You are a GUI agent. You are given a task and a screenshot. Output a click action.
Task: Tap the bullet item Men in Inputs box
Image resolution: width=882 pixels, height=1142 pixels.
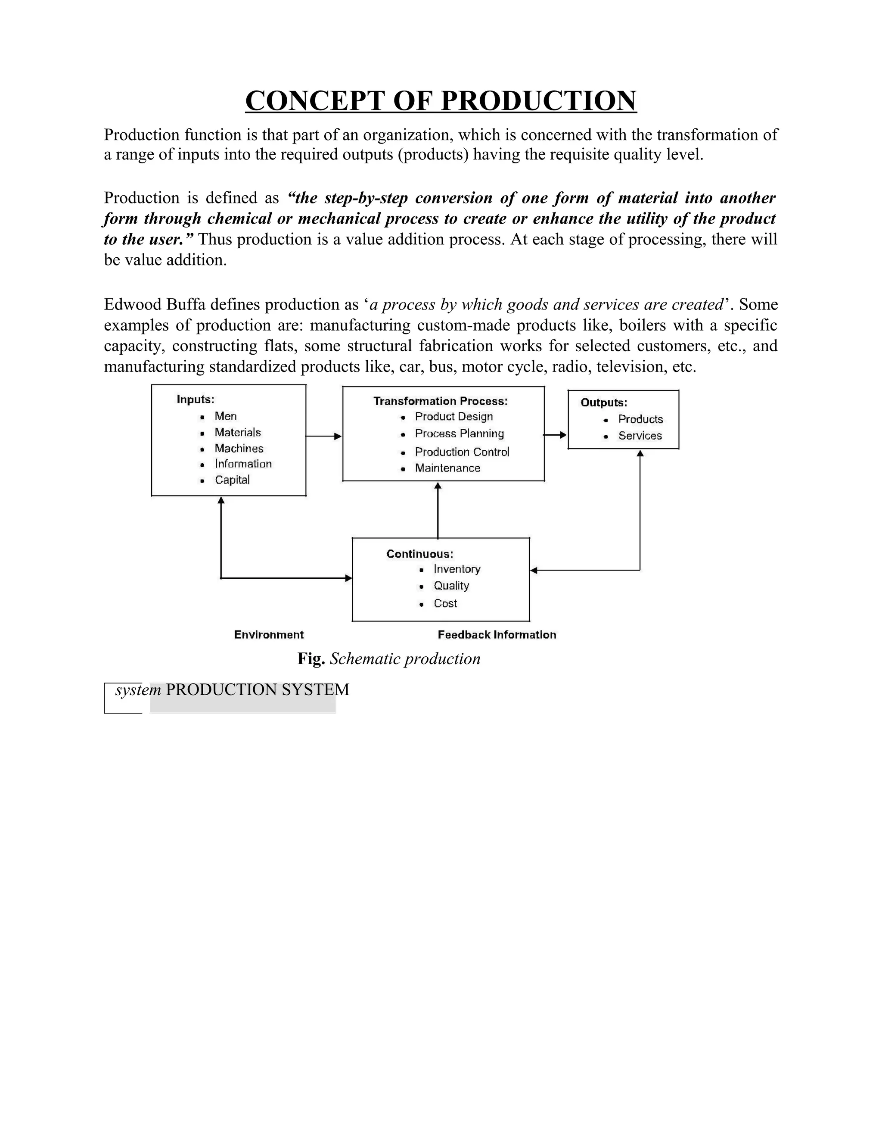point(226,416)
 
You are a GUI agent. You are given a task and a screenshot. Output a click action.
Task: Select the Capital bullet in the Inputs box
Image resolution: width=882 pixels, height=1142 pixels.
point(232,480)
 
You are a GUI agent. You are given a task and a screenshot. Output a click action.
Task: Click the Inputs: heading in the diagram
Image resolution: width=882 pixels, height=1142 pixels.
point(196,399)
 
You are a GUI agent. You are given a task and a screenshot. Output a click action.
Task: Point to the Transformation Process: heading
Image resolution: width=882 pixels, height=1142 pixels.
point(441,401)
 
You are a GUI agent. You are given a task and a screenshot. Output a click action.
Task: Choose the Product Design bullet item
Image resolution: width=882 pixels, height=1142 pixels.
point(453,417)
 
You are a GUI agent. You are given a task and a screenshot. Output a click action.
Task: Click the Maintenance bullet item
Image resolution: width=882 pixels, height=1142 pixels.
point(447,468)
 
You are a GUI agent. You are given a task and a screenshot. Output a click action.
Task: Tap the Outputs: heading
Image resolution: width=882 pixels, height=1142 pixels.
point(603,403)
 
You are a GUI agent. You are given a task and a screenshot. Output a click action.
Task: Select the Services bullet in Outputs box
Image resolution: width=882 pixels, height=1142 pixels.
point(640,436)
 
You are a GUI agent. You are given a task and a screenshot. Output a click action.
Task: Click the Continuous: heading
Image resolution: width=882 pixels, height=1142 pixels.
point(419,554)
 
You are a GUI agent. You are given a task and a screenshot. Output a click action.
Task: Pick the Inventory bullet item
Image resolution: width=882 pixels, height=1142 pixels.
point(457,569)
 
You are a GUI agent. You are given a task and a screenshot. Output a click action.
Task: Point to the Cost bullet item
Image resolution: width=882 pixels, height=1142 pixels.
point(445,603)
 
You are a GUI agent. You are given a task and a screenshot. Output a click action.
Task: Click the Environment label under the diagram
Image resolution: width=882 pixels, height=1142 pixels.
point(269,635)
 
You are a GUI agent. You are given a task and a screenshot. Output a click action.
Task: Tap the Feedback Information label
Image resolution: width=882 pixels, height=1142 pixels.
point(497,635)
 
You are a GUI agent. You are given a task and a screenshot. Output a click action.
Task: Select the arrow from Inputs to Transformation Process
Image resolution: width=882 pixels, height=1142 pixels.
point(323,436)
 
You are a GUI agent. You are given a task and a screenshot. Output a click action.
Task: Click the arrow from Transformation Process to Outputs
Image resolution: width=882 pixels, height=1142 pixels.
point(555,434)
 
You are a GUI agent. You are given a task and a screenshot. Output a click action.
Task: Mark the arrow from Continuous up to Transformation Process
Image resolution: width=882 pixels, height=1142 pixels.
point(438,510)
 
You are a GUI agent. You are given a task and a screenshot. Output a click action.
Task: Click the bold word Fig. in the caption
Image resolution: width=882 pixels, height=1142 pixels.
point(311,659)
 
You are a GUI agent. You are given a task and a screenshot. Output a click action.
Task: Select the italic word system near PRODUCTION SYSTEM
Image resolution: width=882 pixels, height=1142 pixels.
point(138,690)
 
